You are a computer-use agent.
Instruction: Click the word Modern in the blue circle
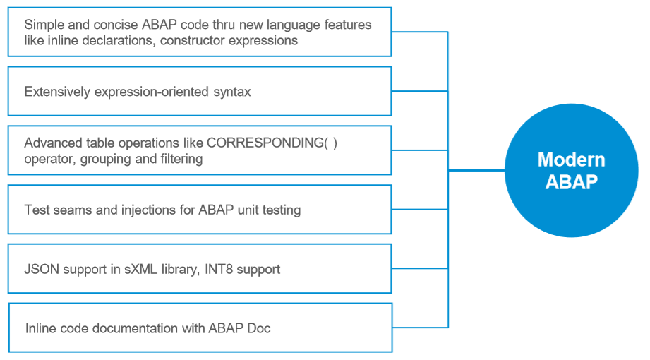click(x=571, y=160)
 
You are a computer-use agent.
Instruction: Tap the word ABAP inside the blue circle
click(x=571, y=181)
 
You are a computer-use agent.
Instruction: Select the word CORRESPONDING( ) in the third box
click(x=272, y=143)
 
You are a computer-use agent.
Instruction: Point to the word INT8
click(x=219, y=269)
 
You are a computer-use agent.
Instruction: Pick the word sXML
click(x=140, y=269)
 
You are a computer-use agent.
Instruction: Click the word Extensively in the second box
click(x=57, y=92)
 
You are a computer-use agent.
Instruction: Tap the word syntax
click(x=232, y=92)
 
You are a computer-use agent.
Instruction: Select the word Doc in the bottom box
click(x=259, y=328)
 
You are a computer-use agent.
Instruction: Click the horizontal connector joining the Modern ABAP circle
click(x=476, y=170)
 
